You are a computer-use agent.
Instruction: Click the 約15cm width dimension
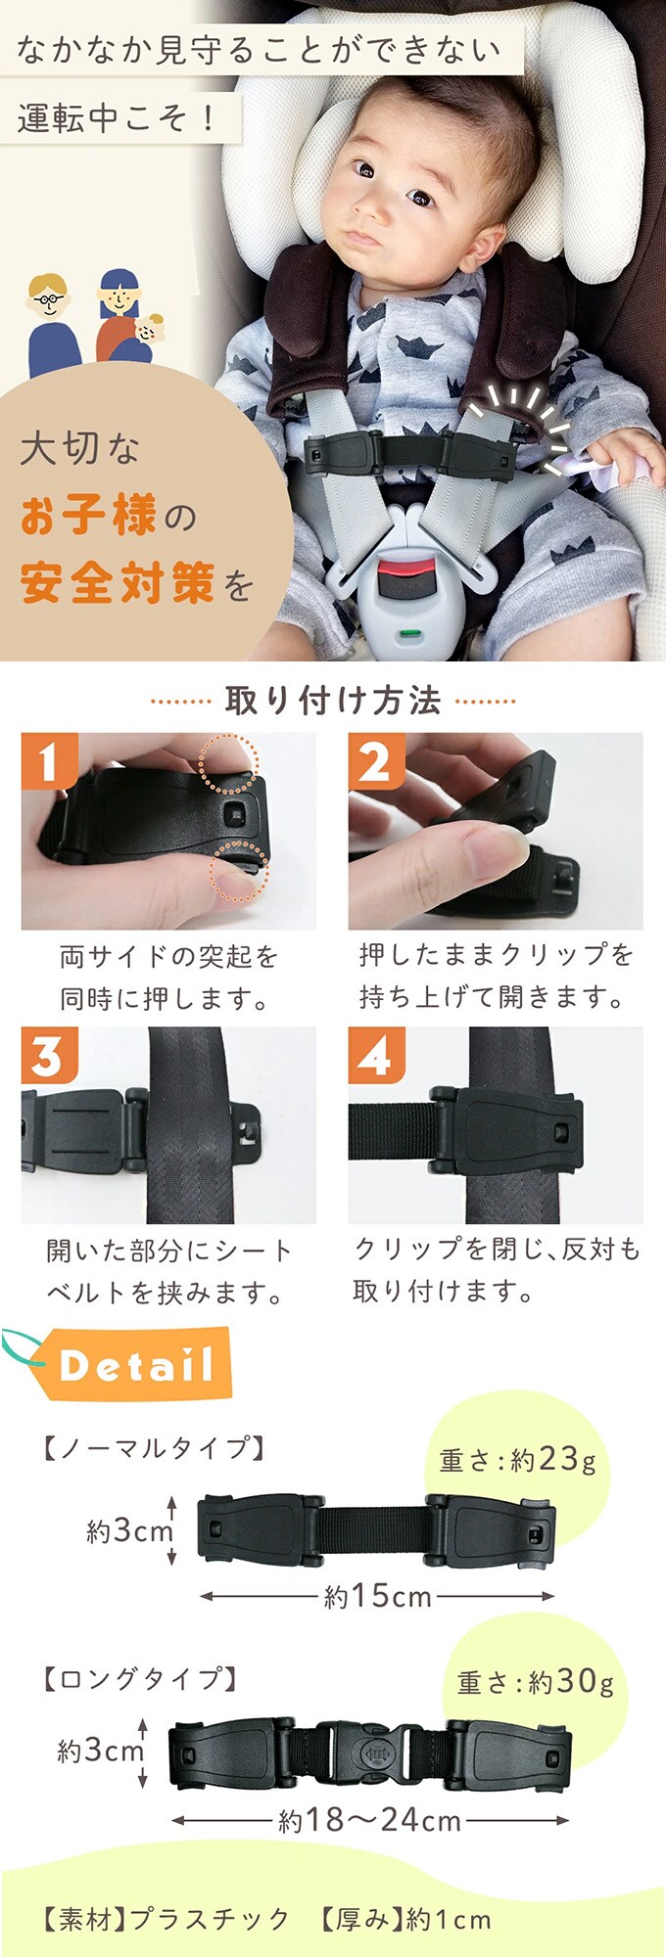378,1597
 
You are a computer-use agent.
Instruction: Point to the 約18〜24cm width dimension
369,1820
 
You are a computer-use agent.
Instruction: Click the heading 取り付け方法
333,701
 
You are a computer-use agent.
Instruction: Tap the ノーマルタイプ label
155,1447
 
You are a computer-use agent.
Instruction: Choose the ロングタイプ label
141,1679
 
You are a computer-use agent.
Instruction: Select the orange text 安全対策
117,584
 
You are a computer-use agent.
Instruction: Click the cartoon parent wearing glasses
52,324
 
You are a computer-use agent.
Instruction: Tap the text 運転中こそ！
117,117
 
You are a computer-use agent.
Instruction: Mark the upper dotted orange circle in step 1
229,763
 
